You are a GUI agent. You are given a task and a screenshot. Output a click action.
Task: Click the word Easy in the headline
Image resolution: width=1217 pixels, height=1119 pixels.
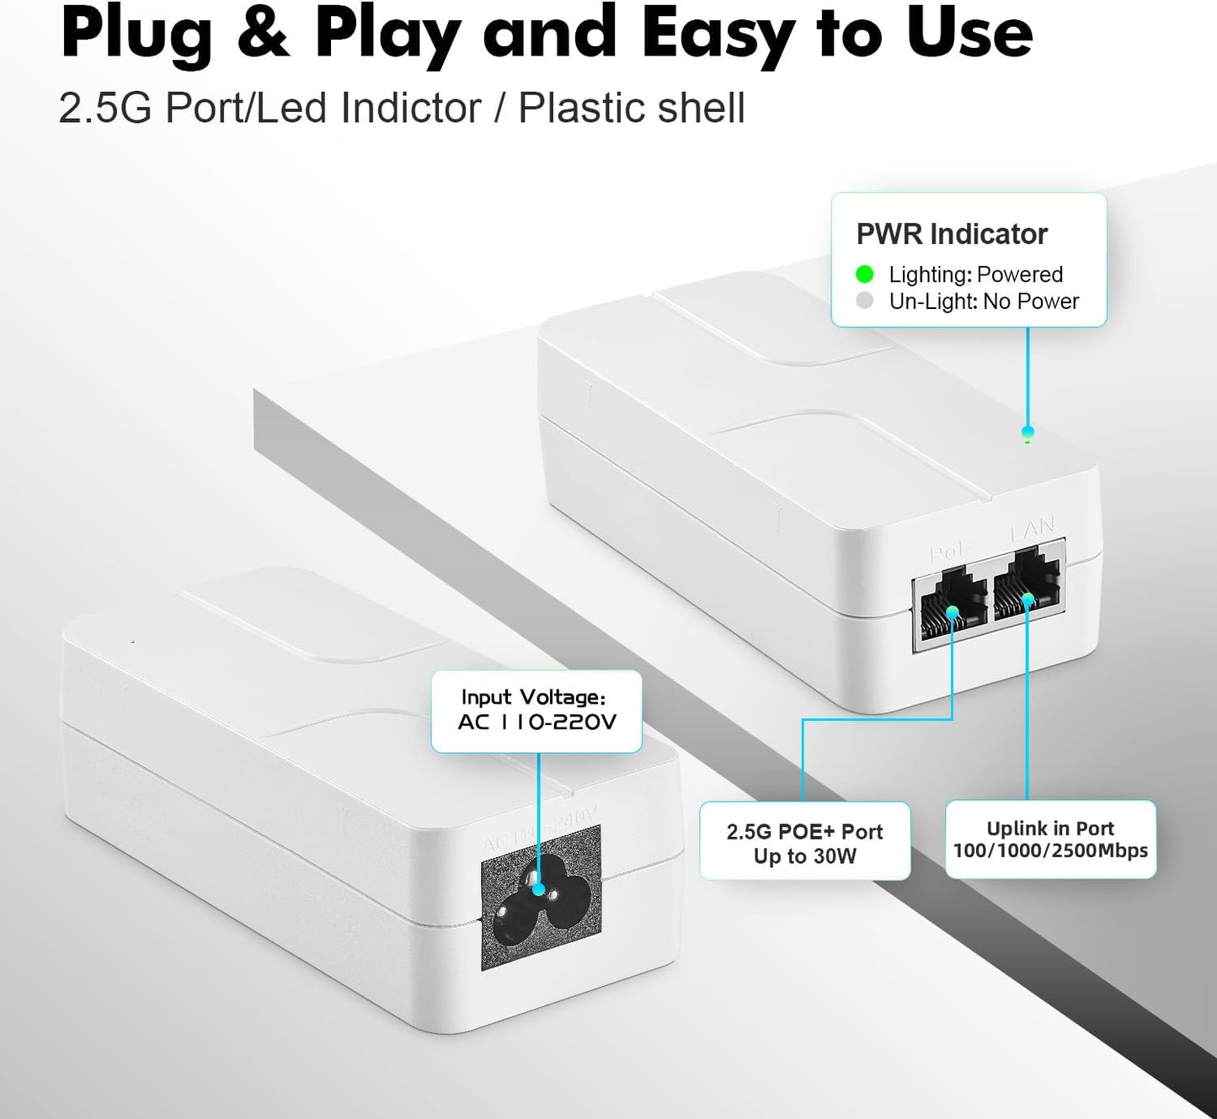tap(716, 34)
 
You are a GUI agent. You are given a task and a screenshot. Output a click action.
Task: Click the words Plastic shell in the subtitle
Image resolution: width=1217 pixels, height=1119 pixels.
tap(631, 109)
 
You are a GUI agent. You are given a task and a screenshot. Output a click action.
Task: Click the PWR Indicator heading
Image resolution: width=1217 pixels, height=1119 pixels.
tap(952, 234)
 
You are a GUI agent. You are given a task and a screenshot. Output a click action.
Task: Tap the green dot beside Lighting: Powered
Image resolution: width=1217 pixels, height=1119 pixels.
tap(864, 274)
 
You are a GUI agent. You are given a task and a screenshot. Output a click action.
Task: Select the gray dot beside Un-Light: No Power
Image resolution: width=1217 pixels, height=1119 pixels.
tap(864, 301)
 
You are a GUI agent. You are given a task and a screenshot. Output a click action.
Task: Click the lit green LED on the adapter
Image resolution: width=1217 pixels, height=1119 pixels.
tap(1027, 434)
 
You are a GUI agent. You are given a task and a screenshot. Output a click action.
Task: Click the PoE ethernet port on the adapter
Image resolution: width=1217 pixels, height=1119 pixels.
tap(953, 607)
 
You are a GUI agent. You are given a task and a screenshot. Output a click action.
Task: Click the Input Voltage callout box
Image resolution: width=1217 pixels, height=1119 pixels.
tap(536, 711)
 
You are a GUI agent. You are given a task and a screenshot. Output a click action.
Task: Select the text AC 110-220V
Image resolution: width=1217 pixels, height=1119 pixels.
tap(536, 722)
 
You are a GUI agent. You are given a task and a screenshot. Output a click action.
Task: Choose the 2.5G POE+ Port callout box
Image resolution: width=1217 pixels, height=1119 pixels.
tap(804, 841)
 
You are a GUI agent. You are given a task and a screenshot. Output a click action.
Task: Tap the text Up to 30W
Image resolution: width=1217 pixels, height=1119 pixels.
tap(804, 856)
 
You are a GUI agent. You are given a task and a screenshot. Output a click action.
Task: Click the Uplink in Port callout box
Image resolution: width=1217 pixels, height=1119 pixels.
tap(1050, 839)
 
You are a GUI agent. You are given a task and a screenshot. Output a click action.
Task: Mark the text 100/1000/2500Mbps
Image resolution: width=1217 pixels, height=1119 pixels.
tap(1050, 850)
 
